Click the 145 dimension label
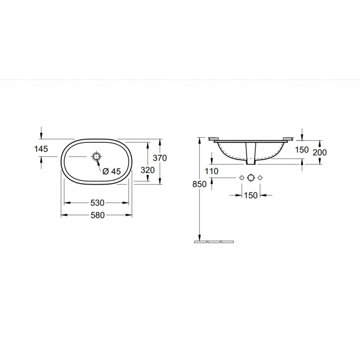point(41,149)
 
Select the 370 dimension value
point(160,158)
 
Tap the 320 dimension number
point(148,170)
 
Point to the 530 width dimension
point(97,203)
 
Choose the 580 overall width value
point(98,215)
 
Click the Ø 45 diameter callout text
point(112,171)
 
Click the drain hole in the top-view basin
point(96,156)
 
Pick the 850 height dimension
point(199,184)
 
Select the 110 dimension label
point(211,171)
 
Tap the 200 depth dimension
point(319,152)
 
